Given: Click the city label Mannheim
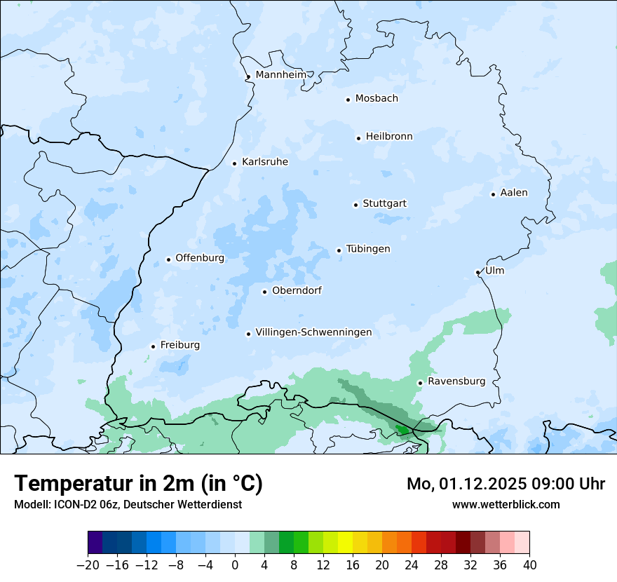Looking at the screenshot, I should [280, 74].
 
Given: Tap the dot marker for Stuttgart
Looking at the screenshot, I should [355, 205].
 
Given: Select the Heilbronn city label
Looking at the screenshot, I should [389, 136].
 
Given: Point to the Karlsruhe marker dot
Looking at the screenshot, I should [235, 163].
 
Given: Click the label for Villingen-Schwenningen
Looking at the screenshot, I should [313, 332].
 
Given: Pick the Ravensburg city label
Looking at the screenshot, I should [456, 381].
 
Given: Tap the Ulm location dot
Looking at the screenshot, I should [477, 272].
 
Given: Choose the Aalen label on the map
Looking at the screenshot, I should [514, 192].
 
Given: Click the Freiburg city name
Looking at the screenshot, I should [179, 345].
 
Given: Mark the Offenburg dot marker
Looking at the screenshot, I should [168, 259].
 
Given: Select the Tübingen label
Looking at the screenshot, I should [368, 249].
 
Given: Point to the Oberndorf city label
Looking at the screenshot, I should [297, 290].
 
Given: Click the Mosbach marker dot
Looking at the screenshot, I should [348, 100].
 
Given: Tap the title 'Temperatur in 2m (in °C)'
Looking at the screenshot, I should [138, 483].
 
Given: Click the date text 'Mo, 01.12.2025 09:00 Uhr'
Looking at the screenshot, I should [506, 484].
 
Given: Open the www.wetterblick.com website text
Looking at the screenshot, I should [506, 504].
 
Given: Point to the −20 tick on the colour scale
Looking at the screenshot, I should [88, 564].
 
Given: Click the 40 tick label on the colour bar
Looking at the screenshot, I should [529, 564].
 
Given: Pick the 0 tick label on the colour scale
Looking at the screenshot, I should [235, 564].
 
